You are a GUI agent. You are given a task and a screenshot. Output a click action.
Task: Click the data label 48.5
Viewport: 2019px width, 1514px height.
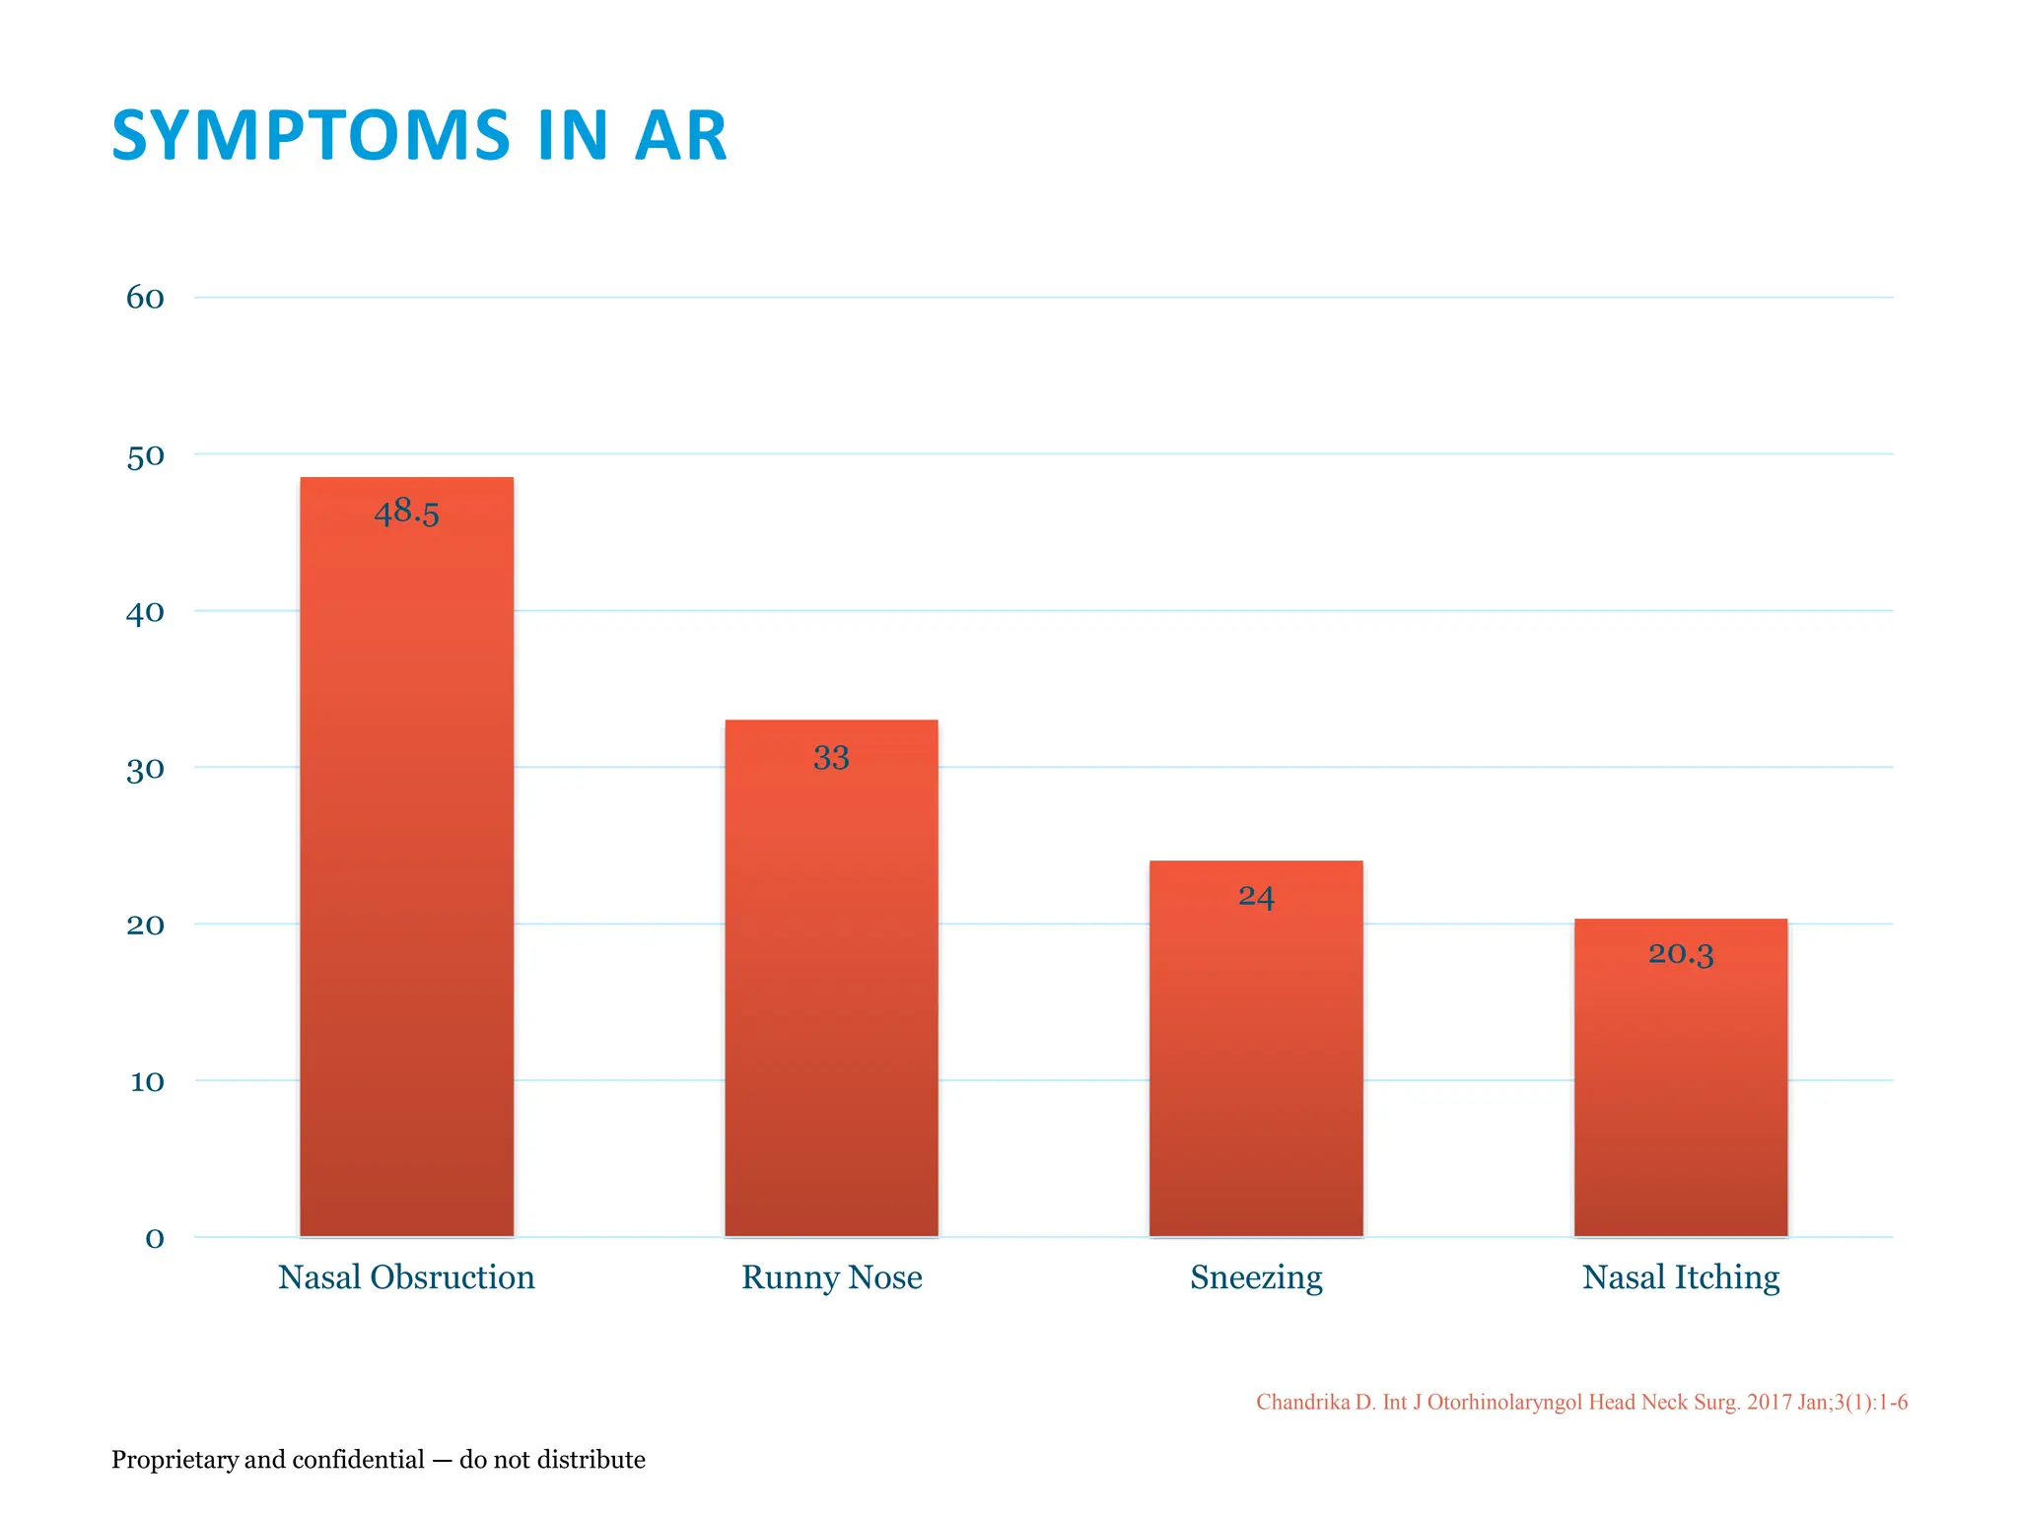[406, 513]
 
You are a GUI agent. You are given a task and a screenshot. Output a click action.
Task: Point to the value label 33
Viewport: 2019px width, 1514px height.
[831, 758]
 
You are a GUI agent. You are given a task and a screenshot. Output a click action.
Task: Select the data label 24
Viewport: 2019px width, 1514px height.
[1256, 897]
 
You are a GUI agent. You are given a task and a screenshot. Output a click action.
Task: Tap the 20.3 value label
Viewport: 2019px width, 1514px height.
[1680, 954]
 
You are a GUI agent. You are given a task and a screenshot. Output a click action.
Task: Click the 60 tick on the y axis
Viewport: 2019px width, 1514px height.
[145, 298]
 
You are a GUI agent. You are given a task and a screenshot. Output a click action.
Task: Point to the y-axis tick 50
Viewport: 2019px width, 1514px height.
[145, 456]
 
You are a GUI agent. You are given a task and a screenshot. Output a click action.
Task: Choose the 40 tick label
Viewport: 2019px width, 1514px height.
[145, 613]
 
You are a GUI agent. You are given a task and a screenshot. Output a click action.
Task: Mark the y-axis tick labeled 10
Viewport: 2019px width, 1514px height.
[147, 1082]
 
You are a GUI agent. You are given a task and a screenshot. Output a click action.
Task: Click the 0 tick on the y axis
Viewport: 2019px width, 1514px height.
[155, 1239]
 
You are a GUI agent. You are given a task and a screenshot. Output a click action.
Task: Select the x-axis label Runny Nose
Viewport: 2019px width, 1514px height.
[831, 1277]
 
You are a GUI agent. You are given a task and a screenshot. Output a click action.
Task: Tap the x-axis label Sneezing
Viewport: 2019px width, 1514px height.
[1256, 1277]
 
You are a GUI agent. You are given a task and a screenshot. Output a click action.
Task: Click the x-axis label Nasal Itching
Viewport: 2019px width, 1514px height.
[1680, 1277]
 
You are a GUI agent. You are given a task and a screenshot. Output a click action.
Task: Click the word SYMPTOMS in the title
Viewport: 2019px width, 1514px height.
[311, 136]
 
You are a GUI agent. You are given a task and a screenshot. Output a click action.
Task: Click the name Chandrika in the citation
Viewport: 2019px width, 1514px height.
[1301, 1402]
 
